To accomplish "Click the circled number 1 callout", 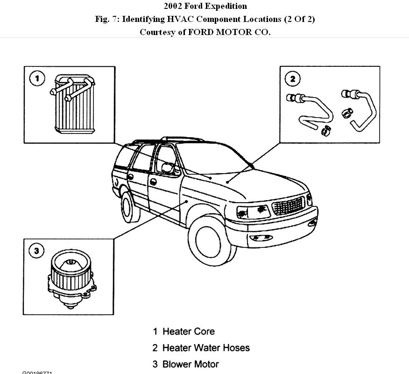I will pyautogui.click(x=37, y=78).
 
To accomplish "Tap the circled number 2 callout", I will pyautogui.click(x=293, y=78).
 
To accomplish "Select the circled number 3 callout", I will pyautogui.click(x=37, y=251).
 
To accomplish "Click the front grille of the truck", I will pyautogui.click(x=288, y=205).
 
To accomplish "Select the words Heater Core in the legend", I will pyautogui.click(x=188, y=332).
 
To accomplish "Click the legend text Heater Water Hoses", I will pyautogui.click(x=206, y=348).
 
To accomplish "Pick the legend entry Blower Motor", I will pyautogui.click(x=190, y=364).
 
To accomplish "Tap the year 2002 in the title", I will pyautogui.click(x=172, y=6).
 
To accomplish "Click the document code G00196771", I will pyautogui.click(x=37, y=373).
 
